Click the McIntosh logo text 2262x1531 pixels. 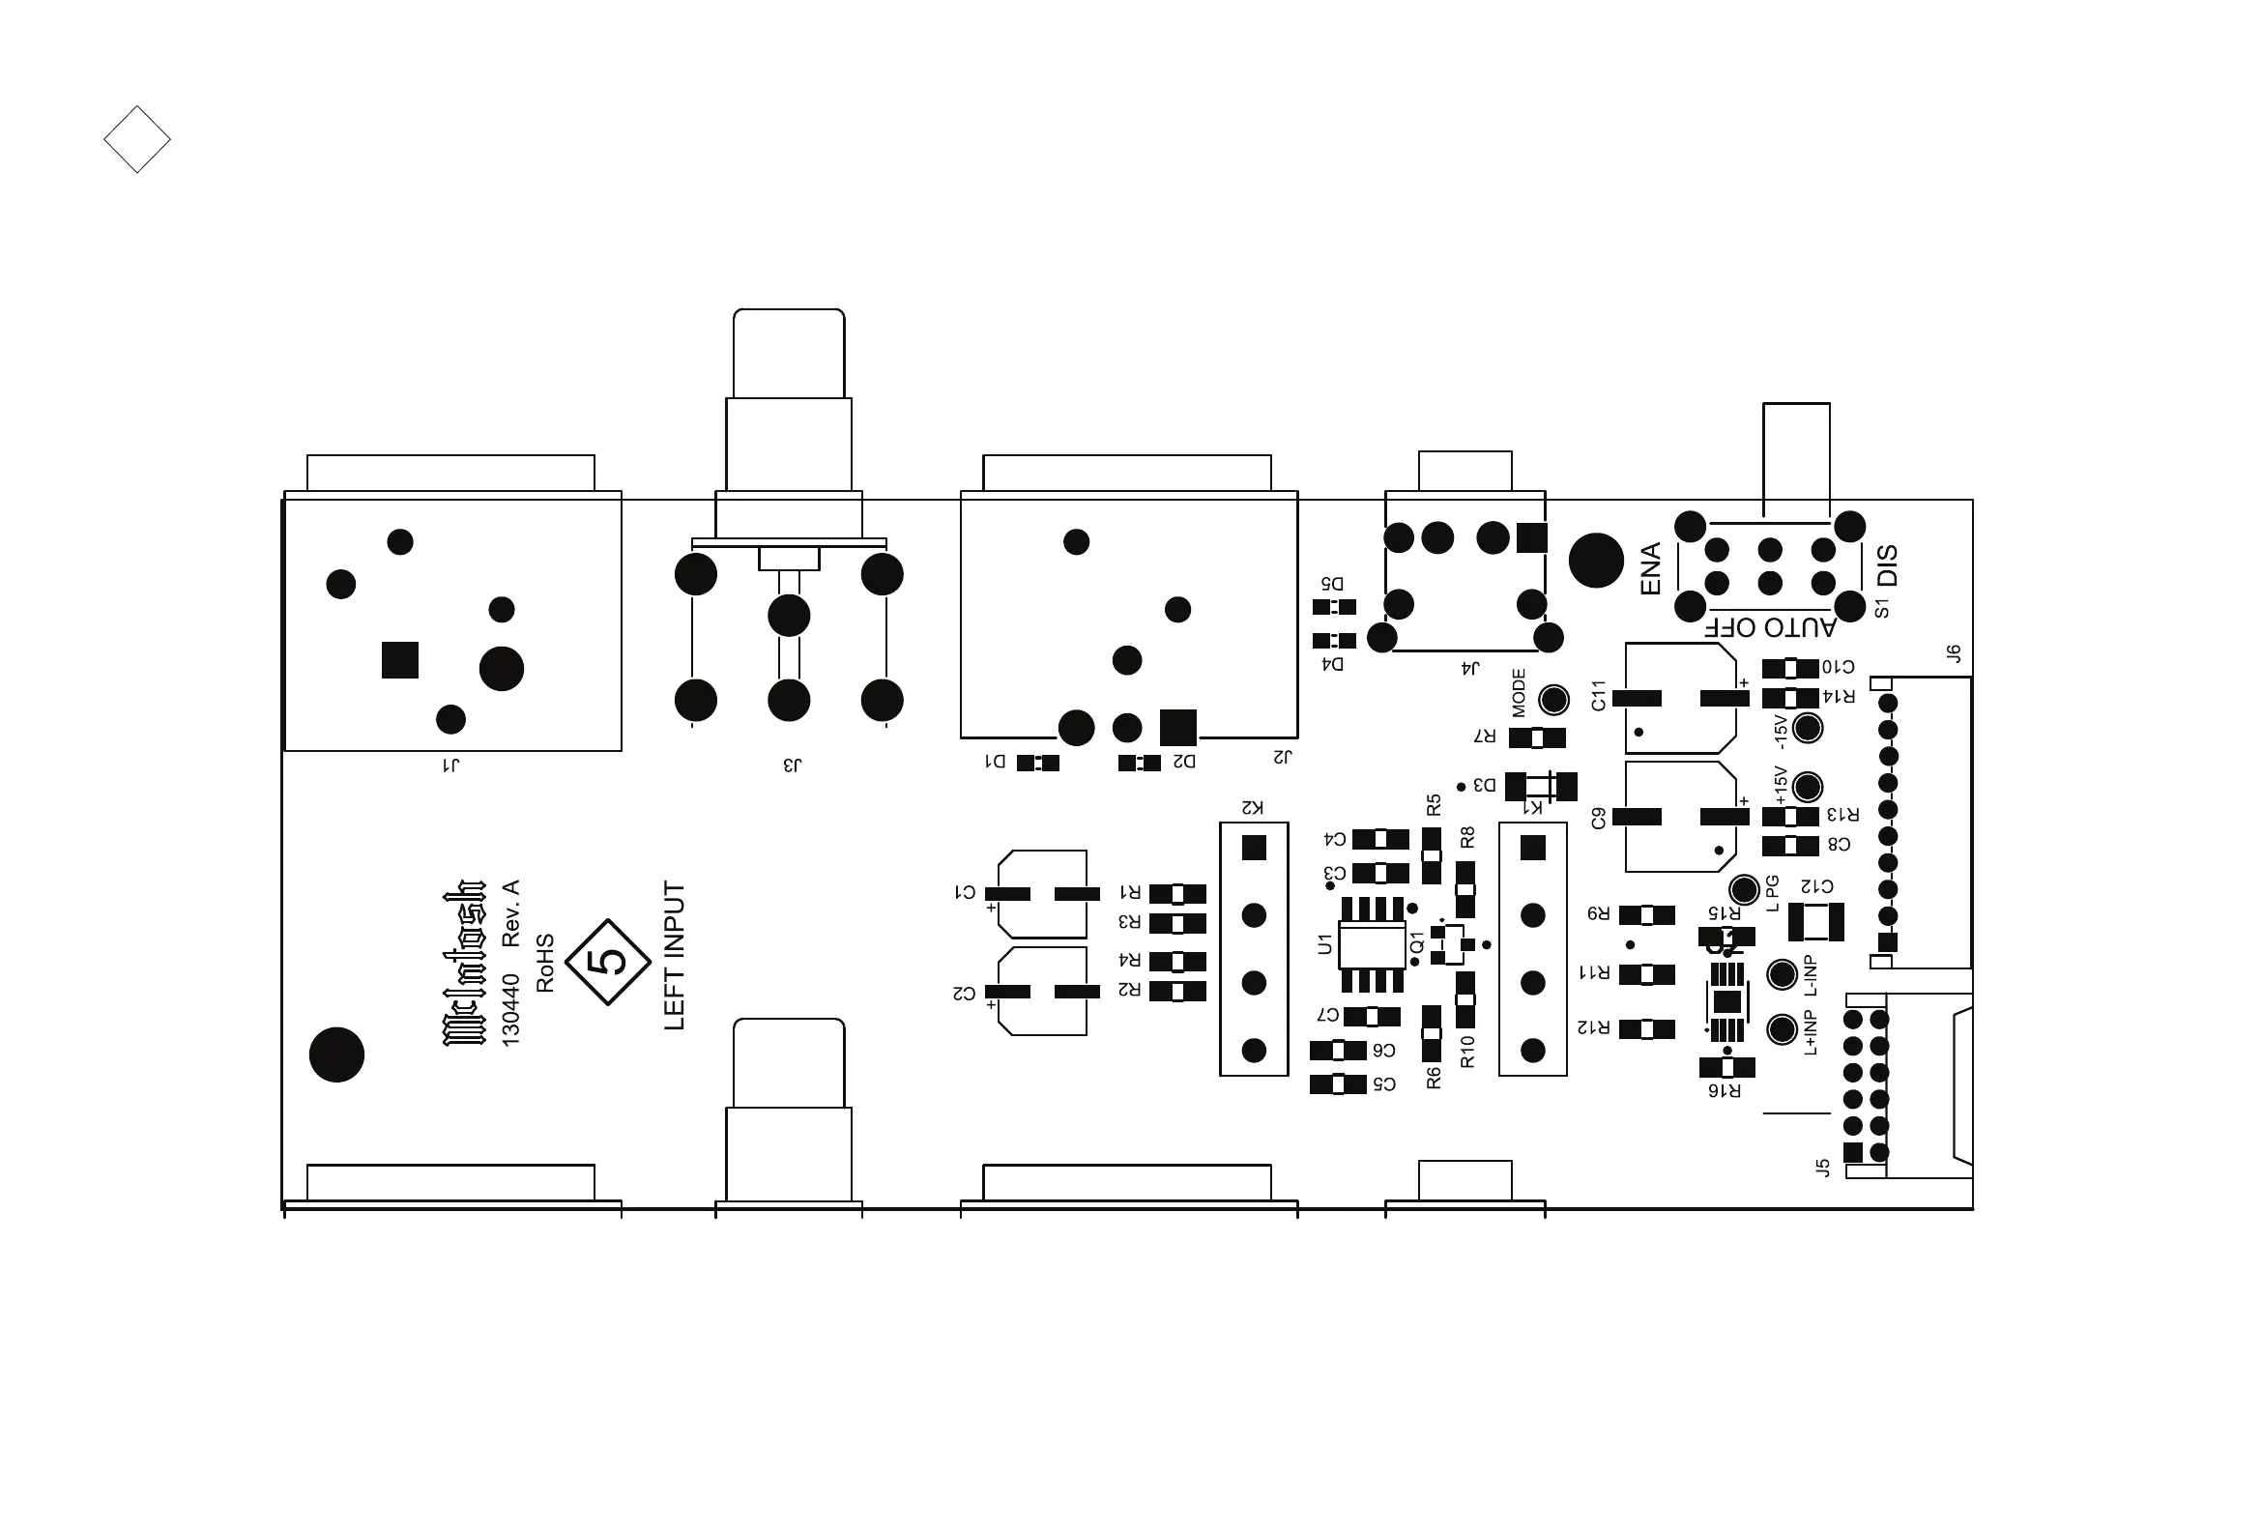pyautogui.click(x=464, y=964)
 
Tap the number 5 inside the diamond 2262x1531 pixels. pyautogui.click(x=608, y=962)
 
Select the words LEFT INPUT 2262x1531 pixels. pyautogui.click(x=675, y=956)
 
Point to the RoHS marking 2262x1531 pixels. pyautogui.click(x=545, y=963)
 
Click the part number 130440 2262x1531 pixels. pyautogui.click(x=511, y=1010)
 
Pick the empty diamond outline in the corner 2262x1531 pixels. pyautogui.click(x=137, y=139)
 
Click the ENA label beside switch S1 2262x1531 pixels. pyautogui.click(x=1651, y=568)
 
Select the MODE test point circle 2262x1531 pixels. pyautogui.click(x=1553, y=699)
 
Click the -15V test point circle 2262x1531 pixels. pyautogui.click(x=1808, y=728)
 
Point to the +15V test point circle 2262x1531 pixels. pyautogui.click(x=1808, y=787)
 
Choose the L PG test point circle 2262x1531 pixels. pyautogui.click(x=1744, y=888)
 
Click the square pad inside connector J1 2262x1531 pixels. pyautogui.click(x=400, y=660)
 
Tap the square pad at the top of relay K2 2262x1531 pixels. pyautogui.click(x=1254, y=848)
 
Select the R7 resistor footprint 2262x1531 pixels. pyautogui.click(x=1537, y=737)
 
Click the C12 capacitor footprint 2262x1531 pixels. pyautogui.click(x=1816, y=922)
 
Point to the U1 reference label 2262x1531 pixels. pyautogui.click(x=1324, y=943)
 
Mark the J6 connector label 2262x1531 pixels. pyautogui.click(x=1954, y=653)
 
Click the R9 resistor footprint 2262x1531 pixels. pyautogui.click(x=1647, y=915)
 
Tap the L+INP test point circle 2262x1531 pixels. pyautogui.click(x=1783, y=1028)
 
